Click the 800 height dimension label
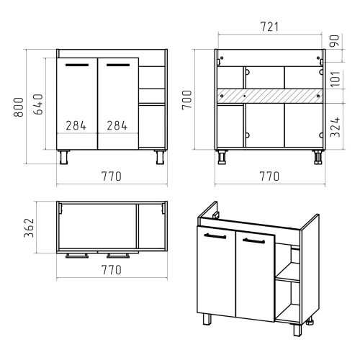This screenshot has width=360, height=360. coord(19,107)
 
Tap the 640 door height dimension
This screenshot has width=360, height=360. coord(38,104)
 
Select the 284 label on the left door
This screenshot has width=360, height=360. coord(76,125)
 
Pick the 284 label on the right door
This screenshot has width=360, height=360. coord(117,125)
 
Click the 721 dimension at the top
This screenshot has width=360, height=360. coord(269,27)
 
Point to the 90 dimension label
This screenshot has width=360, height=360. coord(335,41)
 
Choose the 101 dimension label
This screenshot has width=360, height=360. coord(336,78)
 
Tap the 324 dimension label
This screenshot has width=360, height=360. coord(336,127)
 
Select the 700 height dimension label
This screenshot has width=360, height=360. coord(186,100)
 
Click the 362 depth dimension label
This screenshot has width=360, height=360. coord(29,228)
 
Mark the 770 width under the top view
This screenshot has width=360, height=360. coord(112,270)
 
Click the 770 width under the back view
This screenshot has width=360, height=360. coord(269,176)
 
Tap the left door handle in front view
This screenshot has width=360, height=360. coord(77,65)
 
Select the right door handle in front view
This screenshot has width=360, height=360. coord(118,65)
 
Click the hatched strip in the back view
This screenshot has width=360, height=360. coord(270,96)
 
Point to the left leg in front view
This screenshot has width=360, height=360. coord(64,157)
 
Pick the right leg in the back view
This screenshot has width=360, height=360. coord(318,157)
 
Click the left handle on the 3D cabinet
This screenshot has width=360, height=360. coord(215,236)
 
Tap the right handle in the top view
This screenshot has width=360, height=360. coord(118,256)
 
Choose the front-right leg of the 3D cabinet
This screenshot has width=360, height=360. coord(297,330)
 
